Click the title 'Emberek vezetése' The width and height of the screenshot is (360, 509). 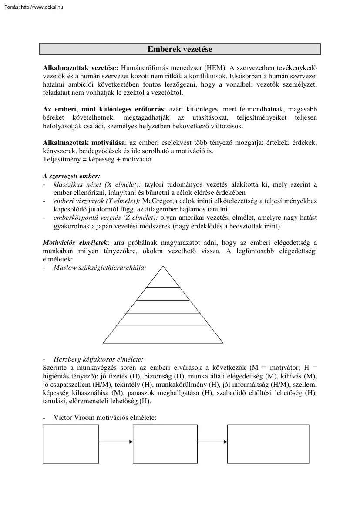click(x=180, y=49)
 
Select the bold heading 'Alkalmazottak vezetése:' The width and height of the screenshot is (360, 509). click(x=81, y=68)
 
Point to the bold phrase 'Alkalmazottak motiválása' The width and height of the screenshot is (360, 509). click(x=84, y=143)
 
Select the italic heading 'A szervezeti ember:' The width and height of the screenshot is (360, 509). click(x=71, y=176)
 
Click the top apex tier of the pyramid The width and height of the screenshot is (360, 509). click(x=163, y=278)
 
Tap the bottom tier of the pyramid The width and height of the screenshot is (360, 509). click(x=163, y=335)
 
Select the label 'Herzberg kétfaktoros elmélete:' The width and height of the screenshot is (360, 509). click(x=98, y=359)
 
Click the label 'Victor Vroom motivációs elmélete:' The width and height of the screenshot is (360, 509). click(x=105, y=417)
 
